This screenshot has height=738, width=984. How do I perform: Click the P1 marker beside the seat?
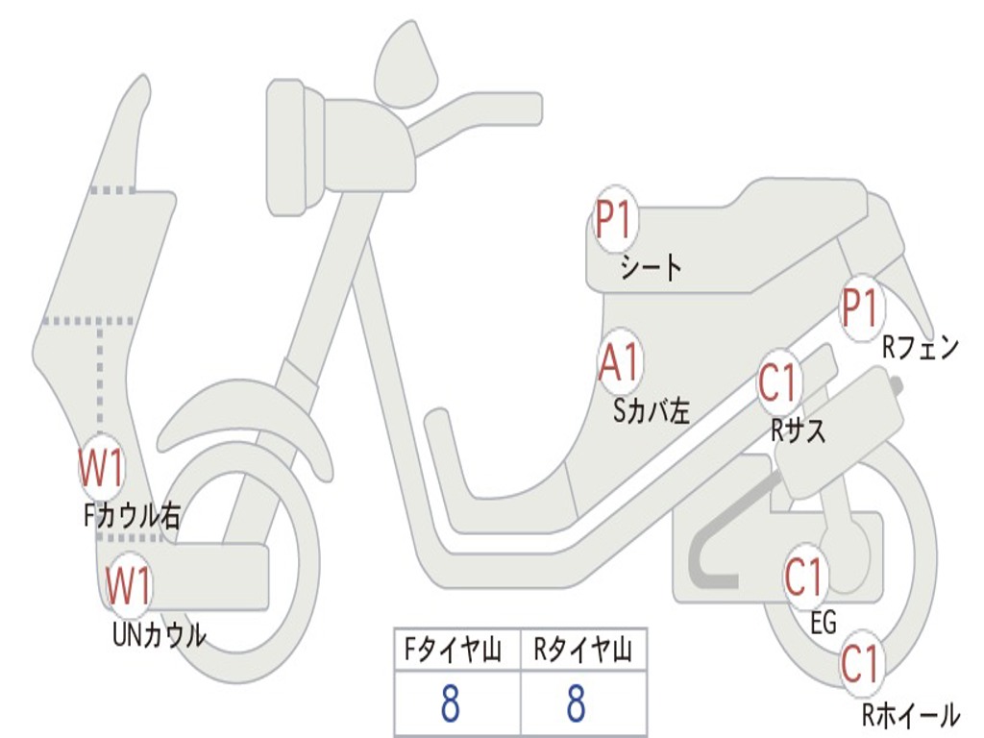pos(615,221)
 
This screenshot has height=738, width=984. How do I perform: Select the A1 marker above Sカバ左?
pos(620,363)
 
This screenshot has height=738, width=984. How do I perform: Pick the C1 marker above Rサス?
pos(779,382)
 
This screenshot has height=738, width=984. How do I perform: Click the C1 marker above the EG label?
pos(805,578)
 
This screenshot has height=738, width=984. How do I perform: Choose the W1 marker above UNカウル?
pos(128,586)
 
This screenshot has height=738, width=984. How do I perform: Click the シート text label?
pos(651,266)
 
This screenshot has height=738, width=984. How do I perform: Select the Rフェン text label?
pos(921,348)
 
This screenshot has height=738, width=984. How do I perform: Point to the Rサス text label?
pos(798,430)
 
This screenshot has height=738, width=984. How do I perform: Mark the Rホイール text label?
pos(910,715)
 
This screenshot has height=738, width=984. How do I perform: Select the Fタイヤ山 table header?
pos(456,652)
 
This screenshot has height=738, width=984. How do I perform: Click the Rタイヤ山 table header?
pos(583,652)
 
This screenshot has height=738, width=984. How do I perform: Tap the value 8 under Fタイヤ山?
pos(450,704)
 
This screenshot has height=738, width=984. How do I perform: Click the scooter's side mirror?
pos(406,64)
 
